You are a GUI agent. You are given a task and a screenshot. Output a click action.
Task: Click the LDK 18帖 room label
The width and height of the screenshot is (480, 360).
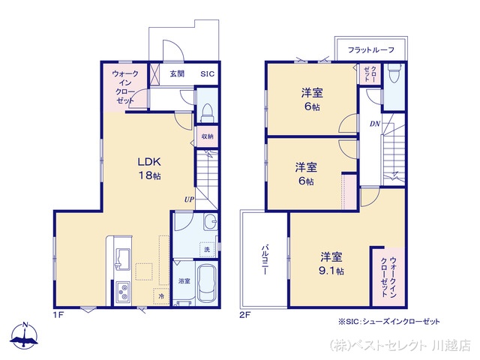(148, 168)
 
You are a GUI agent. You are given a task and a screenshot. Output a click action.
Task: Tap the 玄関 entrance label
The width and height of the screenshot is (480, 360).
(177, 74)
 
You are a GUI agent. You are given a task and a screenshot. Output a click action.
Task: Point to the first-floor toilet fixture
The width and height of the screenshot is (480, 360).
(207, 112)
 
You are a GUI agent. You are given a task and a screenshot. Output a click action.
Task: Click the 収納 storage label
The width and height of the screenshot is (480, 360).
(207, 136)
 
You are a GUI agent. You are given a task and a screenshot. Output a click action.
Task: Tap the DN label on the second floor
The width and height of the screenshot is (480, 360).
(374, 124)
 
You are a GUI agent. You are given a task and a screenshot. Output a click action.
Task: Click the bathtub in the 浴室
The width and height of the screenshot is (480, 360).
(205, 283)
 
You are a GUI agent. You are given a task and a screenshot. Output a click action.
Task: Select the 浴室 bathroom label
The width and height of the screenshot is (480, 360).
(184, 280)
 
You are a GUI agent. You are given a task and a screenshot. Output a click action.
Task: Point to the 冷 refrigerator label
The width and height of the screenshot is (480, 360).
(162, 297)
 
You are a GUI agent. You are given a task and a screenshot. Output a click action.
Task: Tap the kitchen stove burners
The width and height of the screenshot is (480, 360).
(122, 291)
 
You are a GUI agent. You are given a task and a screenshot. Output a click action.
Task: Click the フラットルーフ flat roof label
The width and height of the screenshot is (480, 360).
(371, 50)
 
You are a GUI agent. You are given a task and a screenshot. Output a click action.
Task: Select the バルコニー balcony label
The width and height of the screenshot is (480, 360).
(265, 259)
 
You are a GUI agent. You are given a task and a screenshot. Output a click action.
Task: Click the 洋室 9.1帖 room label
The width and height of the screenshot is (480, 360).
(329, 263)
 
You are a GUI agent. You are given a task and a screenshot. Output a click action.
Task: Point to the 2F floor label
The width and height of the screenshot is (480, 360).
(244, 315)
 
